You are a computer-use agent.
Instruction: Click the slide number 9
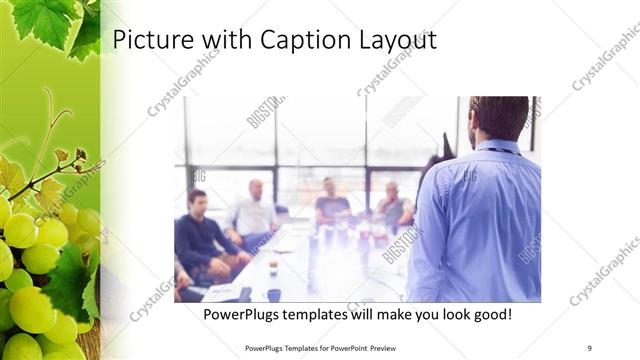point(589,347)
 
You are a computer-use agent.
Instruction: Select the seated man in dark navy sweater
point(201,236)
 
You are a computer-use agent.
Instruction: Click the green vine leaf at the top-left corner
point(45,20)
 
